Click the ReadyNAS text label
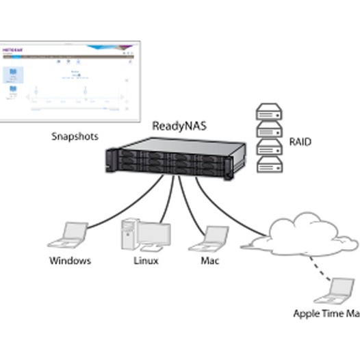pos(179,126)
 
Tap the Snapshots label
pos(75,136)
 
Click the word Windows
pos(70,261)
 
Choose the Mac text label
pos(210,261)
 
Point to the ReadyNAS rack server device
pos(177,157)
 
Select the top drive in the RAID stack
pos(269,112)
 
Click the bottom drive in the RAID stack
pos(269,164)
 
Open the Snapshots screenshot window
pos(68,80)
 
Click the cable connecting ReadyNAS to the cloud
pos(226,205)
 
